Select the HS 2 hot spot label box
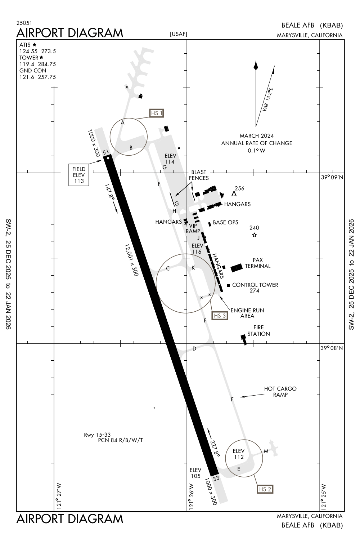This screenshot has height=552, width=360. pos(265,489)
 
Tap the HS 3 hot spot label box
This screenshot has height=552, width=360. pos(220,316)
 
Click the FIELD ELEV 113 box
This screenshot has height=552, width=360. pos(79,175)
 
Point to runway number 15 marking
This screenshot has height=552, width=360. pos(105,152)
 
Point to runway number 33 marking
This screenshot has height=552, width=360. pos(216,478)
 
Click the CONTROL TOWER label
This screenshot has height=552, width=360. pos(255,285)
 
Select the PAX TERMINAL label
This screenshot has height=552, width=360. pos(257,263)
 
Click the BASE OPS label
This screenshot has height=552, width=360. pos(225,222)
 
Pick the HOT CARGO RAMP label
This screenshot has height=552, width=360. pos(280,392)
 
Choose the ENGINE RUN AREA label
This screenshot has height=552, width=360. pos(247,313)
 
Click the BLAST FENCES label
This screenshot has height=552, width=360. pos(199,175)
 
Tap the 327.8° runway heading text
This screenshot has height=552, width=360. pos(215,448)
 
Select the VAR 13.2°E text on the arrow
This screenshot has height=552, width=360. pos(268,99)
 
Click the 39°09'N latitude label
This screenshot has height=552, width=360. pos(332,177)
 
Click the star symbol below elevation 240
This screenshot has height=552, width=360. pos(254,235)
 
